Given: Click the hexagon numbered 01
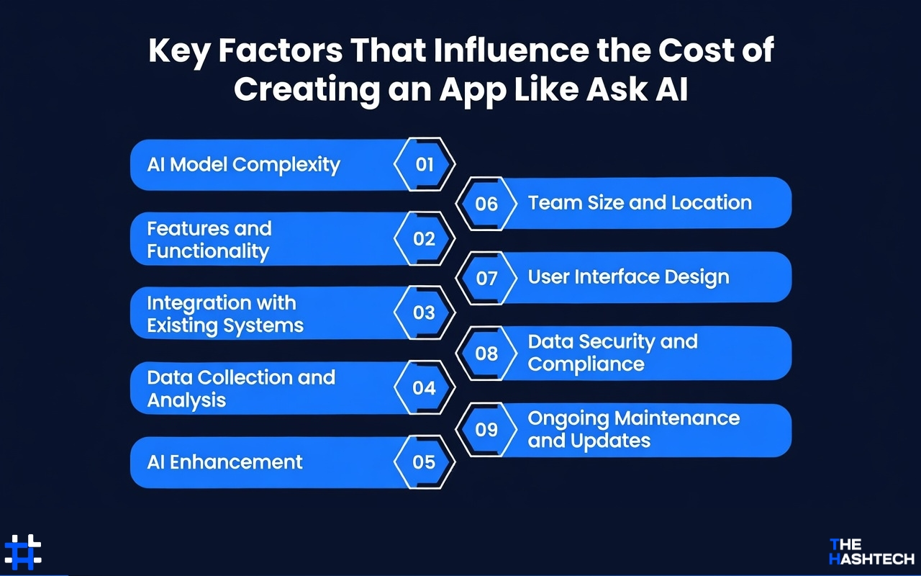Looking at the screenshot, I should [x=425, y=164].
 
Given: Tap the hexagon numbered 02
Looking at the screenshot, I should [x=425, y=239].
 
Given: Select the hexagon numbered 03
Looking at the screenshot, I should [x=425, y=312].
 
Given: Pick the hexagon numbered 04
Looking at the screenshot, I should [x=425, y=388].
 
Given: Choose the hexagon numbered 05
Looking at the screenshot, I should [x=425, y=462].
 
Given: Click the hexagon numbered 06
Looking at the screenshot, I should [x=487, y=204].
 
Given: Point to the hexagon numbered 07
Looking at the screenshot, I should [x=487, y=278].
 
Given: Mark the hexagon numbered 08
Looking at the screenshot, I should [x=487, y=353].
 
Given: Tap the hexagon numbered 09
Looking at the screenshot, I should [x=487, y=429].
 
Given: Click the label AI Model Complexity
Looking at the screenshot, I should [x=243, y=165].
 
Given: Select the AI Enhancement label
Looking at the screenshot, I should [x=224, y=462].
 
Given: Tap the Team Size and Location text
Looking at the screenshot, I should [x=640, y=203].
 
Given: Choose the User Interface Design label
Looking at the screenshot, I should [x=628, y=277].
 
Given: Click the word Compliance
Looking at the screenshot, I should [x=586, y=364].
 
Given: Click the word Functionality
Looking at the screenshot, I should [x=208, y=251].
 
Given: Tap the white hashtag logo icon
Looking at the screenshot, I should [x=23, y=552].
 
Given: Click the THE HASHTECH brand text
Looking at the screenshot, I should [x=871, y=552].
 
